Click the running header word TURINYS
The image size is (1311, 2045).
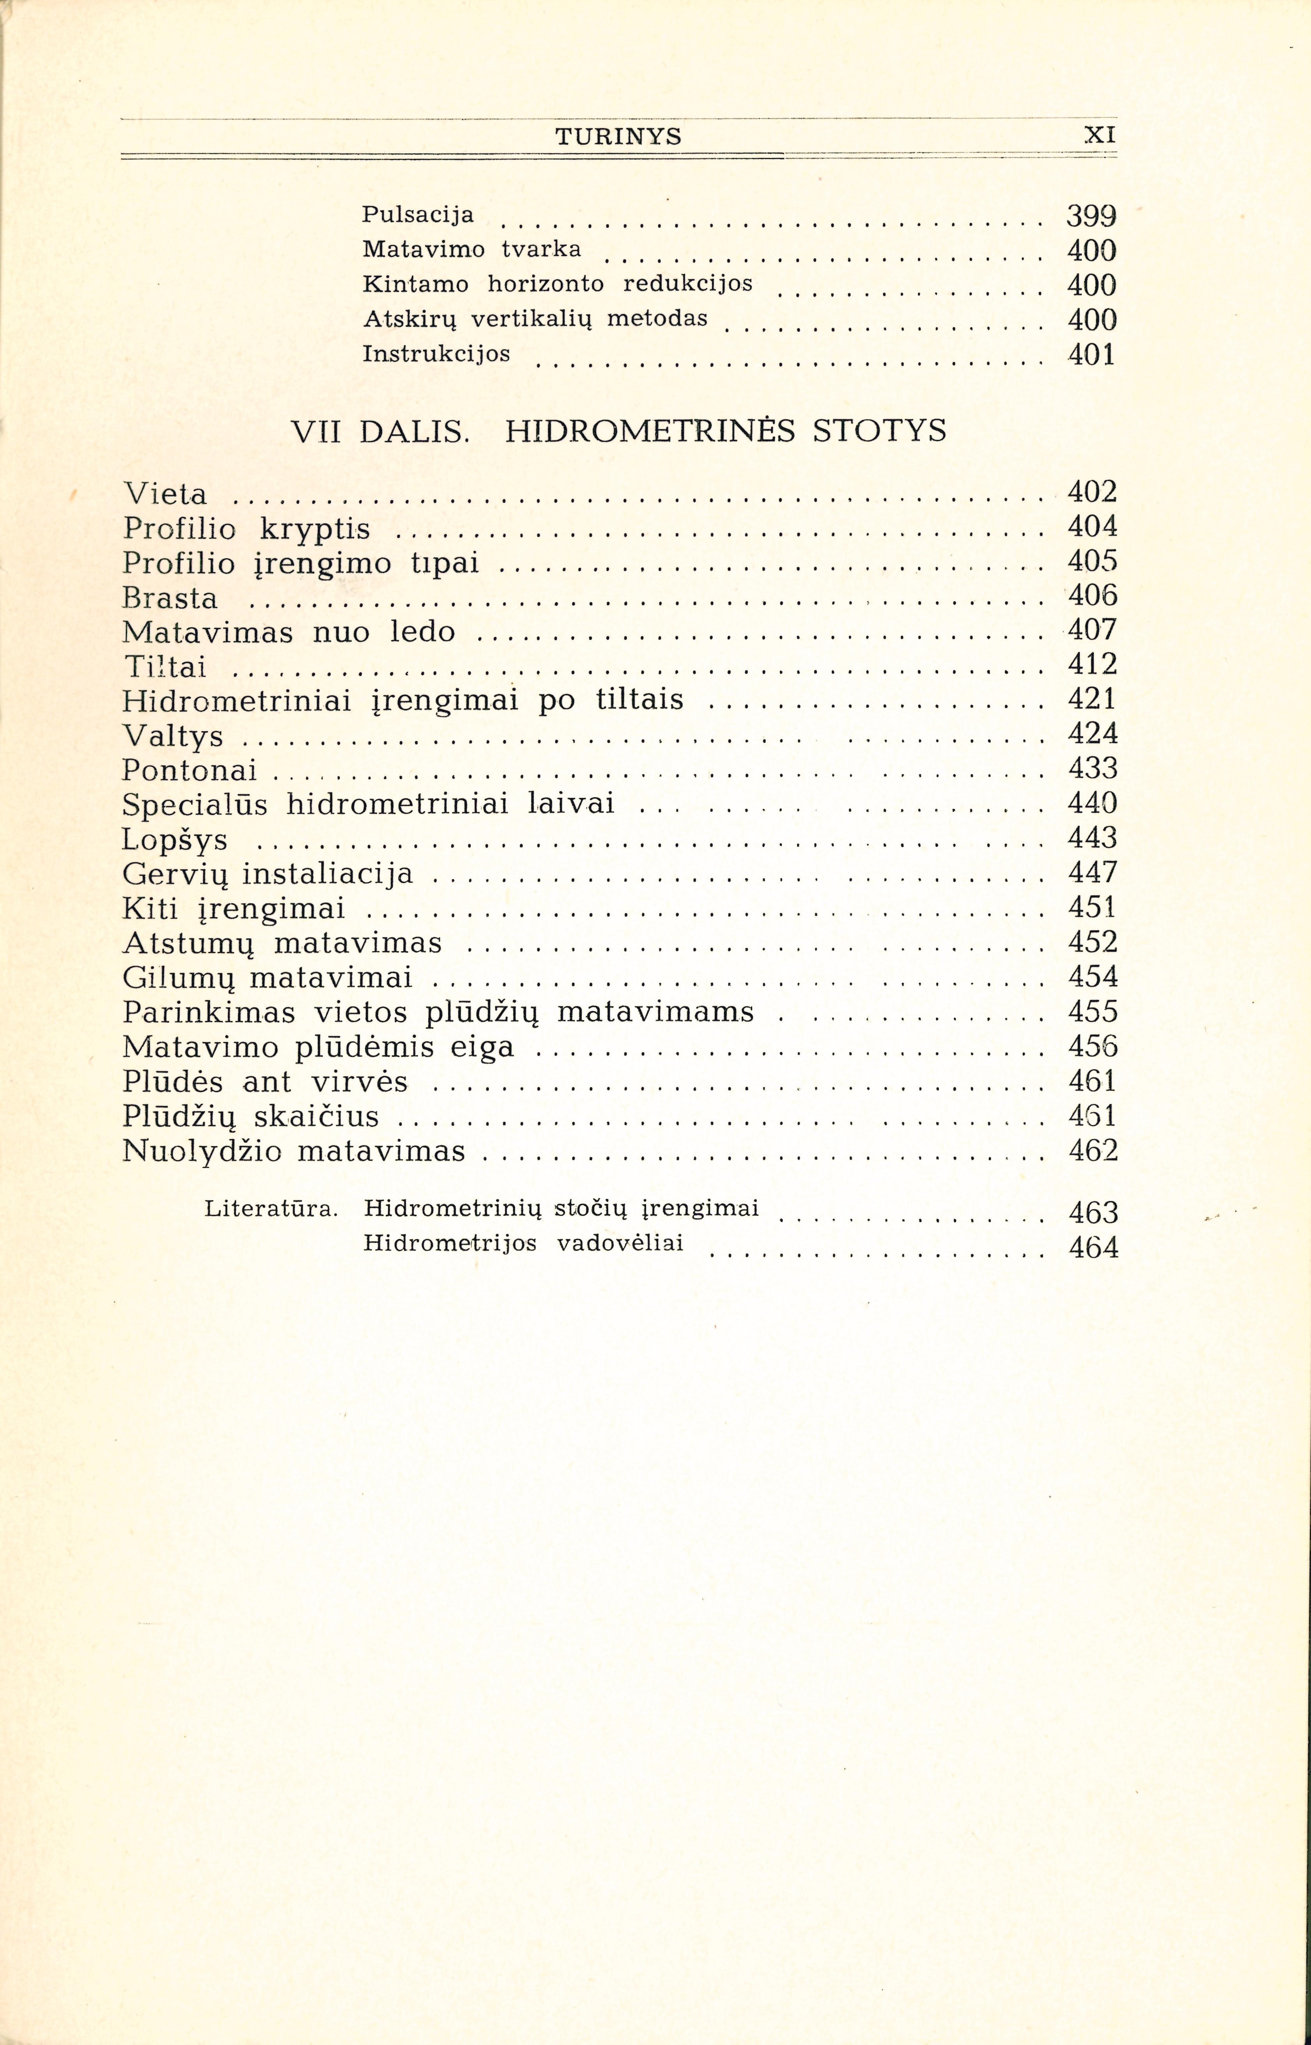[618, 136]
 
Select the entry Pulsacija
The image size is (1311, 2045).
[418, 214]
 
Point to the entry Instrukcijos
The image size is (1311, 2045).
[436, 353]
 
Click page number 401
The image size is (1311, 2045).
[1091, 354]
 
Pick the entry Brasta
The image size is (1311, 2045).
[170, 599]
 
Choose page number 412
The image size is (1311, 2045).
[1092, 664]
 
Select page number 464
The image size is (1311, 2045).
[1093, 1248]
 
